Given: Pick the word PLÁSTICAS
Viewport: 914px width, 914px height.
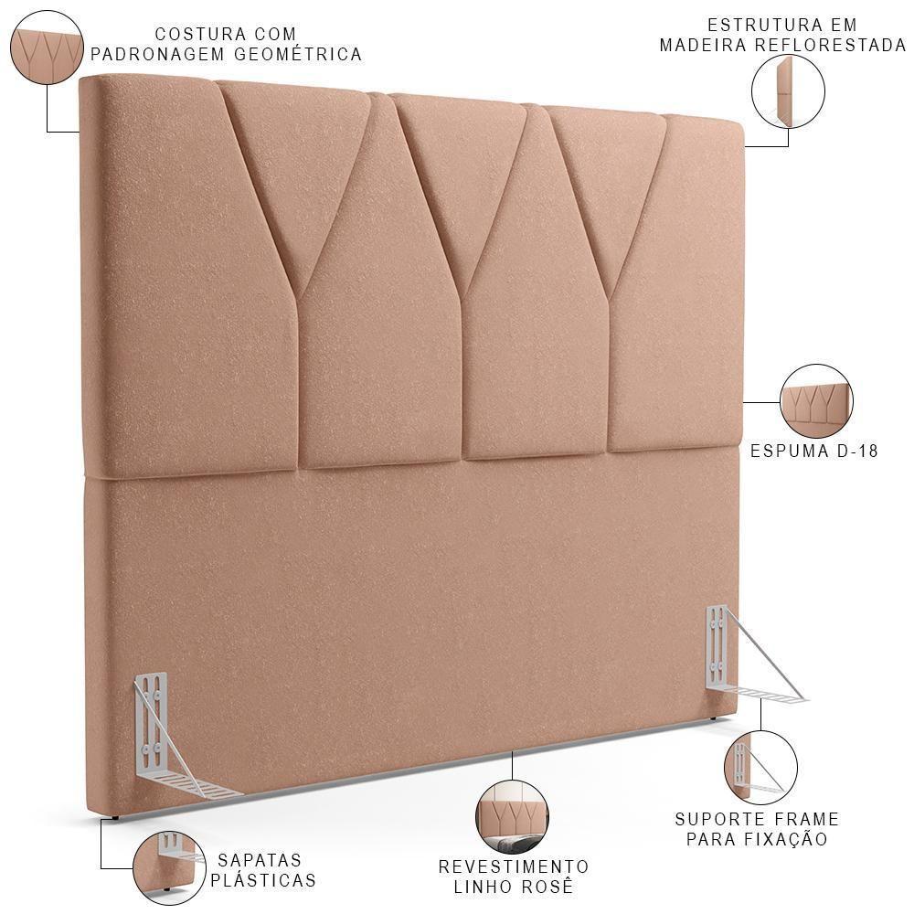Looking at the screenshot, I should coord(263,881).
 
